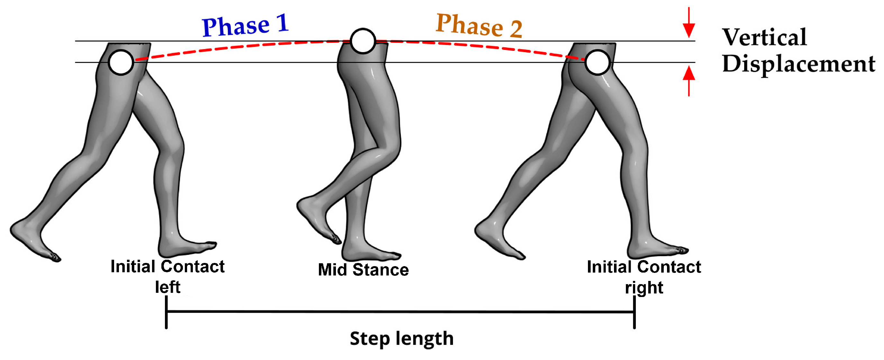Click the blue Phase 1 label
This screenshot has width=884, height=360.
pos(245,25)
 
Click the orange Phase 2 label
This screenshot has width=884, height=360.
pos(479,26)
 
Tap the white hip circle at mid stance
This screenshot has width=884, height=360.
pos(363,41)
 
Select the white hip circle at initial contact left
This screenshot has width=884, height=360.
pos(121,62)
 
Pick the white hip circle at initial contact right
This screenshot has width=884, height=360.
pos(597,62)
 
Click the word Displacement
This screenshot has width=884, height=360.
pos(798,64)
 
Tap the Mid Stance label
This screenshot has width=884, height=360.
pos(363,270)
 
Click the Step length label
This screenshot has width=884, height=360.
pos(401,339)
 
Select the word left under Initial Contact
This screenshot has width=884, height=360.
pos(167,287)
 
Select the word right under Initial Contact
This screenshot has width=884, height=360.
pos(644,288)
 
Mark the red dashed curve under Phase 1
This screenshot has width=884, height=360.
pos(240,47)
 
